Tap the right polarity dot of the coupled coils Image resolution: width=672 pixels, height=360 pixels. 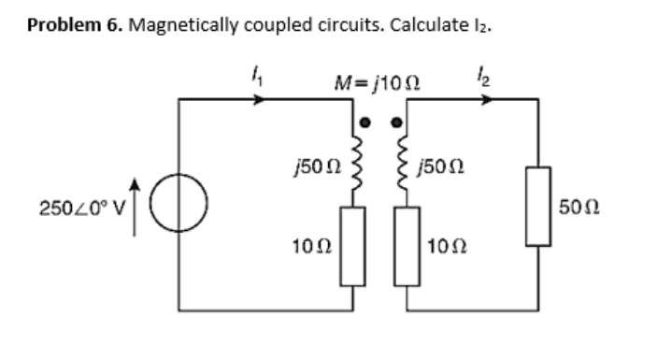(x=395, y=122)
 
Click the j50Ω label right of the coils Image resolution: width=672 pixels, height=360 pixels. (x=442, y=166)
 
